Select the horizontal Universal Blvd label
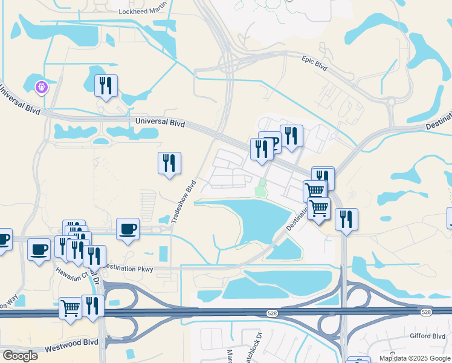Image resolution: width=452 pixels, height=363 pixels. (160, 122)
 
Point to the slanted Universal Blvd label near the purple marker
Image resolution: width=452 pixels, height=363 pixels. (19, 100)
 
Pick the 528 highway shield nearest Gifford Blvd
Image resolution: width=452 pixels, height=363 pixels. (427, 312)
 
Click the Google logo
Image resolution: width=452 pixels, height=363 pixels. (20, 356)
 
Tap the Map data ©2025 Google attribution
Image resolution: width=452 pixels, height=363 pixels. (415, 358)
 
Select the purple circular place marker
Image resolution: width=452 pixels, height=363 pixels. (42, 88)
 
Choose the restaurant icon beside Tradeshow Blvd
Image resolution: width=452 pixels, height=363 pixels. (169, 163)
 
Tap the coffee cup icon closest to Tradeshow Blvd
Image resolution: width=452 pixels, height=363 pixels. (127, 229)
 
